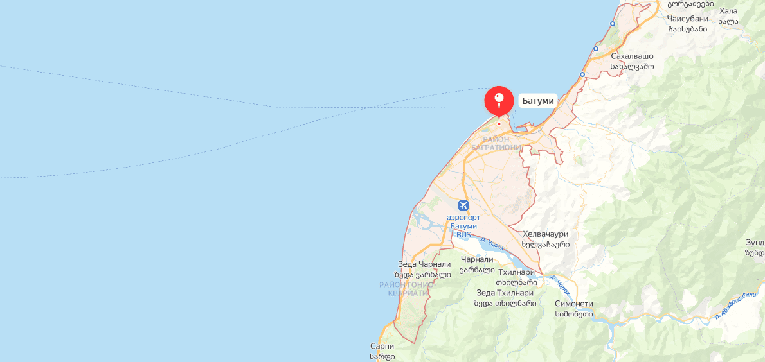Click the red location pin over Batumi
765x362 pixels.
[499, 100]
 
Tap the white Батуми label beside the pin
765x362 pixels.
[538, 101]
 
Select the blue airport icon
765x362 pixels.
[464, 205]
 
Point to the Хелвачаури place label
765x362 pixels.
[546, 234]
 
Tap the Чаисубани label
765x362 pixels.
[687, 19]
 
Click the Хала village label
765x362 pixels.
[728, 11]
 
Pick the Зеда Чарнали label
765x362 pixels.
[424, 264]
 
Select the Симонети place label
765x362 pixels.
[574, 304]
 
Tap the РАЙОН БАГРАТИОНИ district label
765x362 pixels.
[496, 143]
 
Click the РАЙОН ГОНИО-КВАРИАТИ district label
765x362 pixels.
[407, 288]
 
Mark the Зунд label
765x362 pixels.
[755, 242]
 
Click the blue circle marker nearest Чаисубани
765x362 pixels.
[613, 24]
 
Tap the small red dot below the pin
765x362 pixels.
[499, 123]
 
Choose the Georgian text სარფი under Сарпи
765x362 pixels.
[382, 356]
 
